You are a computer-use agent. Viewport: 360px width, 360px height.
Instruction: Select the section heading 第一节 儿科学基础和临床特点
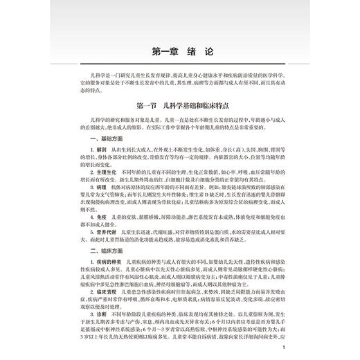(x=179, y=106)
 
